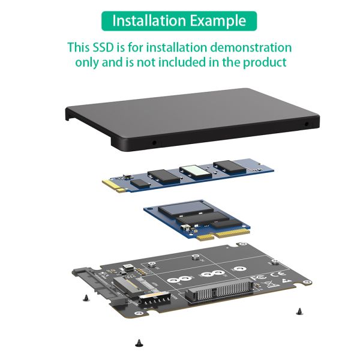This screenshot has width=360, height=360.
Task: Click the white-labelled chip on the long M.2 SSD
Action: tap(196, 172)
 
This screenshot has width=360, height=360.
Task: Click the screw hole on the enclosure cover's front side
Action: tap(154, 143)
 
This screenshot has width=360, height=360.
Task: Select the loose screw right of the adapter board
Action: tap(298, 310)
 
